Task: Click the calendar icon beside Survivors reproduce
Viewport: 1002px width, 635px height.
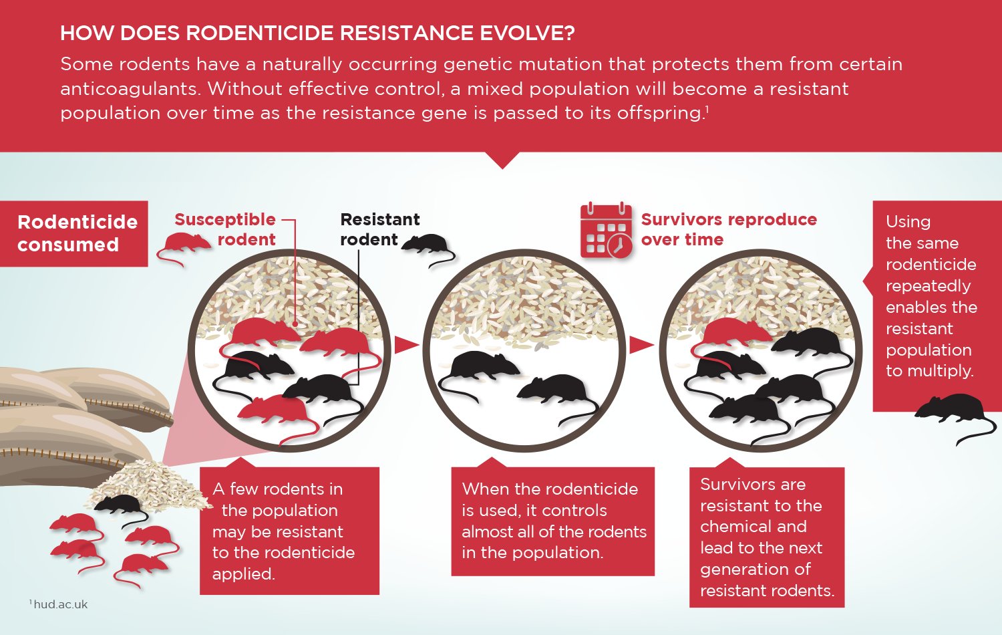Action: click(606, 231)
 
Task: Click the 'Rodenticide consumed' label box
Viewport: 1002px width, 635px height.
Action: click(74, 233)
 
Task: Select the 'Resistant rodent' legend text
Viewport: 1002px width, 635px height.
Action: click(379, 229)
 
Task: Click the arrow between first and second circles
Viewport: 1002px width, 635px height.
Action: click(405, 345)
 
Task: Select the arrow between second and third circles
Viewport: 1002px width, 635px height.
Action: click(641, 345)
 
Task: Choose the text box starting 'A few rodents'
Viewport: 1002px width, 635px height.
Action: click(289, 531)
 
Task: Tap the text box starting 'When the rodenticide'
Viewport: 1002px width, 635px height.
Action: click(552, 521)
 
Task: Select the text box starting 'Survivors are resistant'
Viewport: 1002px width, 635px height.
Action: click(766, 537)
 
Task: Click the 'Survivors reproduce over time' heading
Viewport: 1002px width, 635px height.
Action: click(728, 229)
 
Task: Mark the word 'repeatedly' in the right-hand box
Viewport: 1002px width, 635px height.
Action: click(928, 286)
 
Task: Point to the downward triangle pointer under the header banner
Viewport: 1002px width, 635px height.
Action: click(502, 160)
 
